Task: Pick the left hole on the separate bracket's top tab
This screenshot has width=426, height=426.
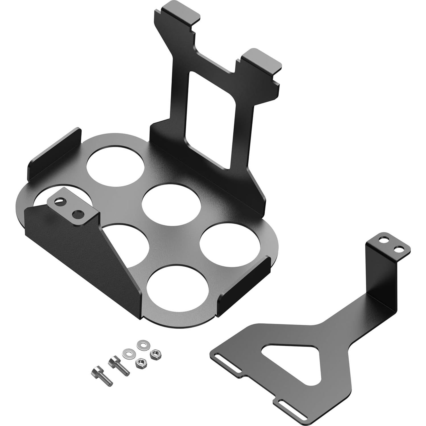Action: (384, 240)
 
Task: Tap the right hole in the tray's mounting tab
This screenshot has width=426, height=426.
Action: (77, 214)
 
